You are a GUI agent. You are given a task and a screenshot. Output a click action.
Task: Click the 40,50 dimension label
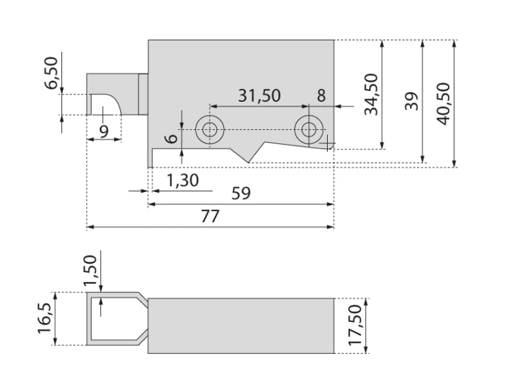[x=444, y=104]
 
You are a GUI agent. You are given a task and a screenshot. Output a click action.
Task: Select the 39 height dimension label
[x=412, y=101]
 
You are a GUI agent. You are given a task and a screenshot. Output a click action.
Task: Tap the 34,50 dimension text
[x=371, y=94]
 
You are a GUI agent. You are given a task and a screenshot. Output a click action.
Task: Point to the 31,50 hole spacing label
[x=259, y=96]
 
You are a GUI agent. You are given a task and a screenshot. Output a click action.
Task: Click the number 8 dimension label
[x=322, y=96]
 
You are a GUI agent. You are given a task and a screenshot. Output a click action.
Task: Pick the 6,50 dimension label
[x=51, y=73]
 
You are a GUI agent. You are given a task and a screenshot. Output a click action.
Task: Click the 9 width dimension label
[x=104, y=132]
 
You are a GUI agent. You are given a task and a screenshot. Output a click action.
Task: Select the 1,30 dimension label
[x=182, y=180]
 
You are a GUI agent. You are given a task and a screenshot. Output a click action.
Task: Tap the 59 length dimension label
[x=241, y=193]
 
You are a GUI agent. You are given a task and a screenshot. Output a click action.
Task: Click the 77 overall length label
[x=210, y=216]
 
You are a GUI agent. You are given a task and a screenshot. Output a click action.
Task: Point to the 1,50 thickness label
[x=90, y=271]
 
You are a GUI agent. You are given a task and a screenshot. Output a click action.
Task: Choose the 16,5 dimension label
[x=45, y=318]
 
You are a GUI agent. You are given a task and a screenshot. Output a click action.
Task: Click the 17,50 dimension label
[x=355, y=325]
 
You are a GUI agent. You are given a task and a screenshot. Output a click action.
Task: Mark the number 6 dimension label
[x=171, y=139]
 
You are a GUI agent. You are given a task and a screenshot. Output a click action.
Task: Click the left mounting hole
[x=210, y=130]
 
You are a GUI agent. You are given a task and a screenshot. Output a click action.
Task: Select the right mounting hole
[x=309, y=130]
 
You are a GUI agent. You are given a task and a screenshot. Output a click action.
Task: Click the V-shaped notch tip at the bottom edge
[x=248, y=163]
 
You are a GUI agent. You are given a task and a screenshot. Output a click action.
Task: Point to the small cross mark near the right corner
[x=327, y=143]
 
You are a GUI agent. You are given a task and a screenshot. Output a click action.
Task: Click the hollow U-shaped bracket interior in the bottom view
[x=116, y=318]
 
